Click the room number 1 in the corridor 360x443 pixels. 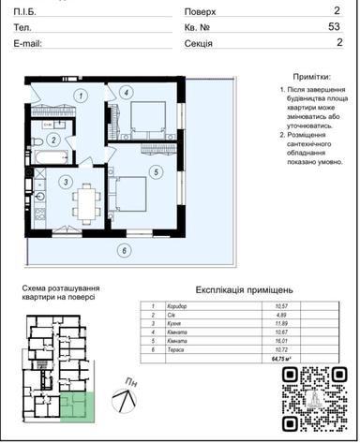point(82,96)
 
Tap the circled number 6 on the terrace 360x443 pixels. point(122,249)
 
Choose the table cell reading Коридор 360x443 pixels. point(179,306)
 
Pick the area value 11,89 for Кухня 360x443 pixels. point(280,324)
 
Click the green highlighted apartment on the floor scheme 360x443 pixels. point(82,409)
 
